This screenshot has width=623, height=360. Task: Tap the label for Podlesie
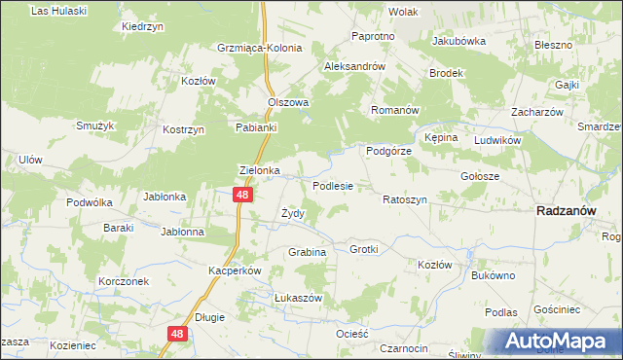[332, 185]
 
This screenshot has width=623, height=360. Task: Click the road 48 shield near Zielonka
[243, 196]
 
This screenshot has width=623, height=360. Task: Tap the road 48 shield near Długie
[176, 334]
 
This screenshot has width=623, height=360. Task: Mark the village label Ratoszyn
[405, 199]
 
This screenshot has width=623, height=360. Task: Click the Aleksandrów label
[356, 66]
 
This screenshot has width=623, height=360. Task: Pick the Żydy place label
[293, 213]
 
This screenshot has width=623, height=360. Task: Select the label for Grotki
[363, 249]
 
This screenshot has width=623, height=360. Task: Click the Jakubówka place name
[458, 42]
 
